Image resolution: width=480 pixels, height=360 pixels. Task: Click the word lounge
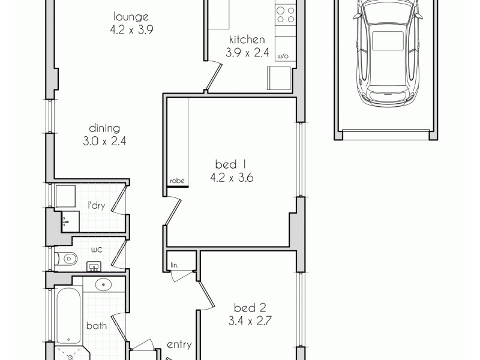click(x=131, y=17)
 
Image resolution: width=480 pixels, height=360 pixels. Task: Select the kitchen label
click(x=246, y=40)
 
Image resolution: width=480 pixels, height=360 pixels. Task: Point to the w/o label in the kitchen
click(x=283, y=56)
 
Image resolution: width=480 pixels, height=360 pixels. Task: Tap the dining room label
click(x=104, y=128)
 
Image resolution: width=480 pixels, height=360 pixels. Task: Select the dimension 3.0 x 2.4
click(x=104, y=142)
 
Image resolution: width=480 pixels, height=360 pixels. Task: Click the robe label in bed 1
click(x=176, y=181)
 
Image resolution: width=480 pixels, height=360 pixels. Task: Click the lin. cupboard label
click(x=175, y=264)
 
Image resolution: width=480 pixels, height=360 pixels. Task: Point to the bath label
click(x=96, y=326)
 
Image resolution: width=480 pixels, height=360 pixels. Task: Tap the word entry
click(x=179, y=344)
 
